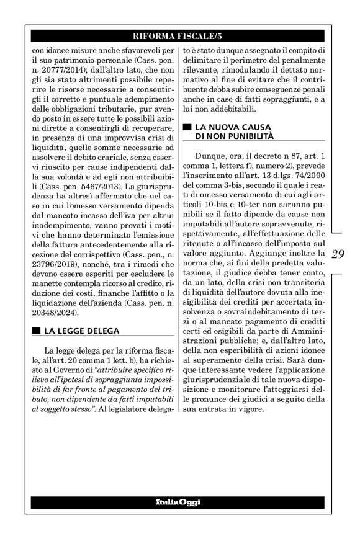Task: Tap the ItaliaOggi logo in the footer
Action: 179,501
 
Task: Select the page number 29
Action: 338,254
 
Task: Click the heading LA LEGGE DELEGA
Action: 81,330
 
